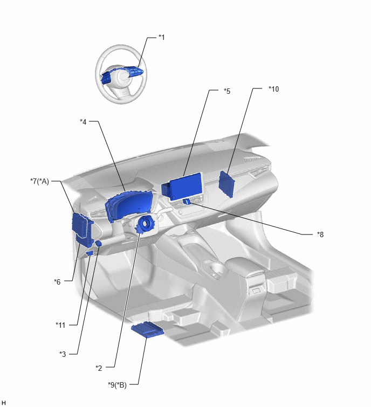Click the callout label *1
(x=161, y=37)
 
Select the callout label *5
(x=227, y=91)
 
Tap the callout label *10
(x=273, y=89)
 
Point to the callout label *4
(x=83, y=121)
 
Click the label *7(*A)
(x=39, y=181)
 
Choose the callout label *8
(x=320, y=234)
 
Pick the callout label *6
(x=57, y=281)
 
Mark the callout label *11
(x=60, y=325)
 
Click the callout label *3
(x=63, y=354)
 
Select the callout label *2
(x=99, y=368)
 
